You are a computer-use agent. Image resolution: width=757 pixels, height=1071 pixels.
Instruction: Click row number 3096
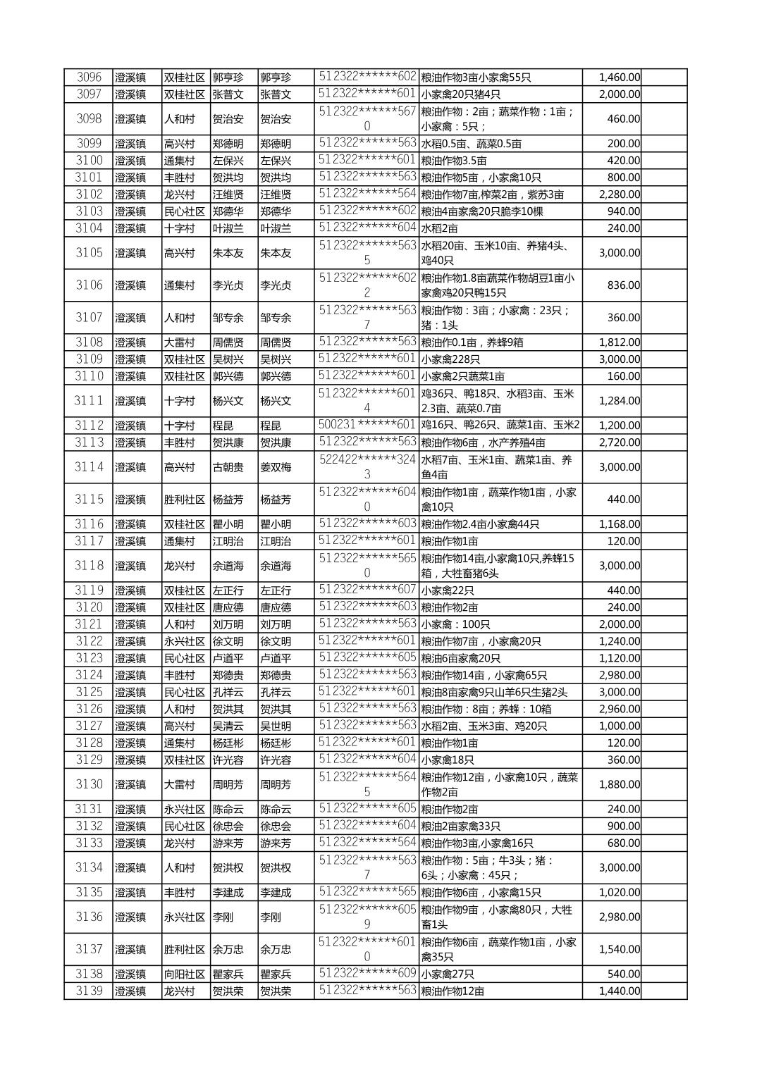(89, 78)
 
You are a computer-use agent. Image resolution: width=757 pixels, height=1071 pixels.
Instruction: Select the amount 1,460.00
(619, 78)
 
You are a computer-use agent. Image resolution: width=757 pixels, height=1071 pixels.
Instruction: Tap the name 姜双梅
(276, 467)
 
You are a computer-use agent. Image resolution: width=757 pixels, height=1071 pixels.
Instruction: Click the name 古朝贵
(228, 467)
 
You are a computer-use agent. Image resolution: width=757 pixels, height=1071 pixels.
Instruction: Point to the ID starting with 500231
(367, 425)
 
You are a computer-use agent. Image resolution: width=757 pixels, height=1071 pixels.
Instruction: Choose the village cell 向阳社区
(185, 974)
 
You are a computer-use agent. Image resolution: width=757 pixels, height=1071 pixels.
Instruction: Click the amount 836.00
(623, 285)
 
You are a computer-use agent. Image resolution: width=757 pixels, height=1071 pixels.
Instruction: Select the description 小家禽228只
(450, 359)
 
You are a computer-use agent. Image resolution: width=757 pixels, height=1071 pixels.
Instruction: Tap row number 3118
(89, 566)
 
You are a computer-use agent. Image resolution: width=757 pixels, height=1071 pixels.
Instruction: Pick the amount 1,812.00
(619, 342)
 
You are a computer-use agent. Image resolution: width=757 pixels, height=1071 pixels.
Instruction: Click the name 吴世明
(276, 726)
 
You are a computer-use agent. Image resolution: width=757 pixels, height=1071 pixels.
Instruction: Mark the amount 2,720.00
(619, 442)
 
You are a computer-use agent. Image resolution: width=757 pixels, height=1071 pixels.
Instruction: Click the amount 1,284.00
(619, 401)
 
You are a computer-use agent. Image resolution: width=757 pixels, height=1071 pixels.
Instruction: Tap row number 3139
(89, 991)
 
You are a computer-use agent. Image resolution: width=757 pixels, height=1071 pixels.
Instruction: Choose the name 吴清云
(228, 726)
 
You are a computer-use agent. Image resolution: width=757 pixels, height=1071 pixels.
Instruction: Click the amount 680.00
(623, 843)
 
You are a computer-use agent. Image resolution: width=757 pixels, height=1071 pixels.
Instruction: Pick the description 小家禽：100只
(455, 624)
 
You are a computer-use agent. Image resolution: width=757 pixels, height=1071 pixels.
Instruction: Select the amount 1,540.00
(619, 950)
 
